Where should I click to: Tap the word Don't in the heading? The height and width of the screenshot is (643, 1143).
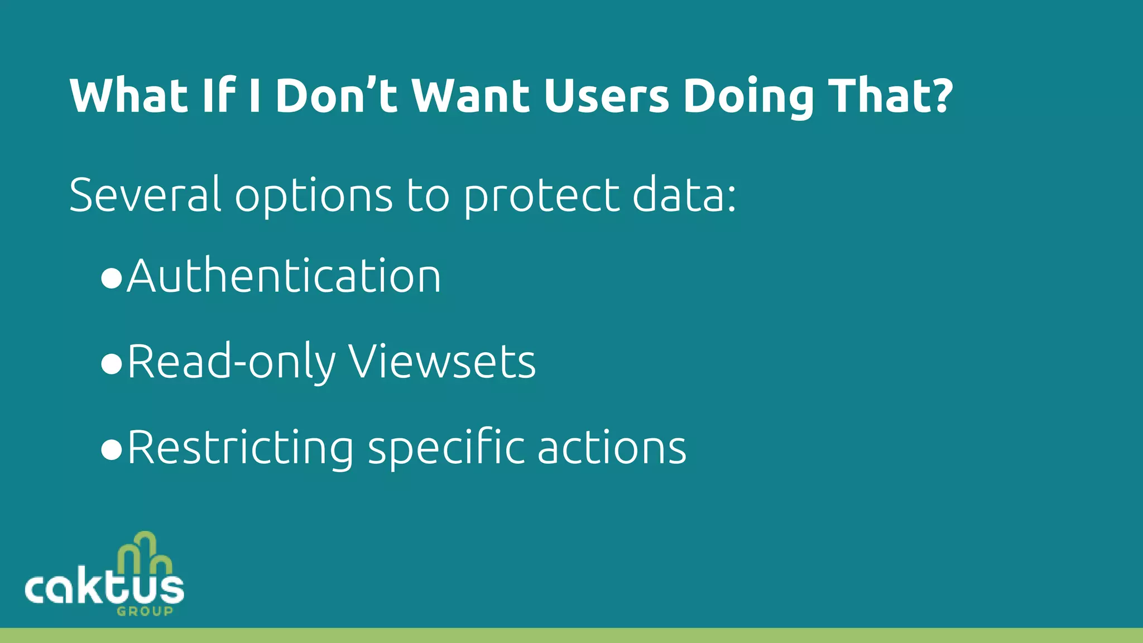pos(336,96)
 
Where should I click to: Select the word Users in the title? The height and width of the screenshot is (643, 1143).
pos(606,96)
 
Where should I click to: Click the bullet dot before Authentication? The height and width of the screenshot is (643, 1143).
pos(112,278)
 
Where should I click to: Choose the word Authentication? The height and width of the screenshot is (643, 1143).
pos(284,276)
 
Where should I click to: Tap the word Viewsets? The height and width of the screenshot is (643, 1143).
pos(442,362)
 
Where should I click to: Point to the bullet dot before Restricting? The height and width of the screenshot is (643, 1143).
pos(112,449)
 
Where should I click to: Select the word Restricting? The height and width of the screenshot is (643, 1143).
pos(241,448)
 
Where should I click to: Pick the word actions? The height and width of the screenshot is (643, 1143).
pos(612,448)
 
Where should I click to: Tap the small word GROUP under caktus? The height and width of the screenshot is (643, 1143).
pos(145,611)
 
